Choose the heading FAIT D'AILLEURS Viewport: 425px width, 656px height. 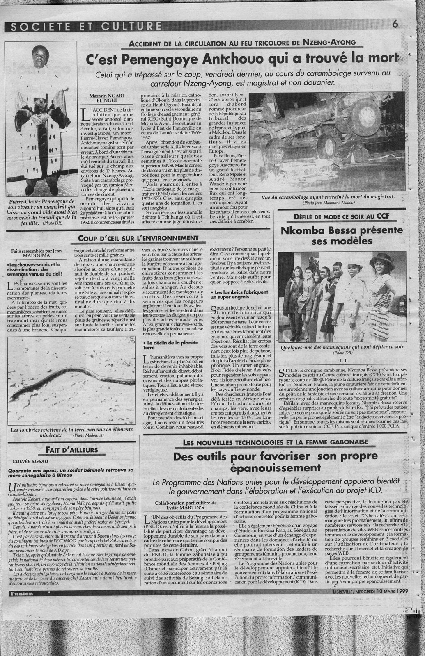point(72,450)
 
